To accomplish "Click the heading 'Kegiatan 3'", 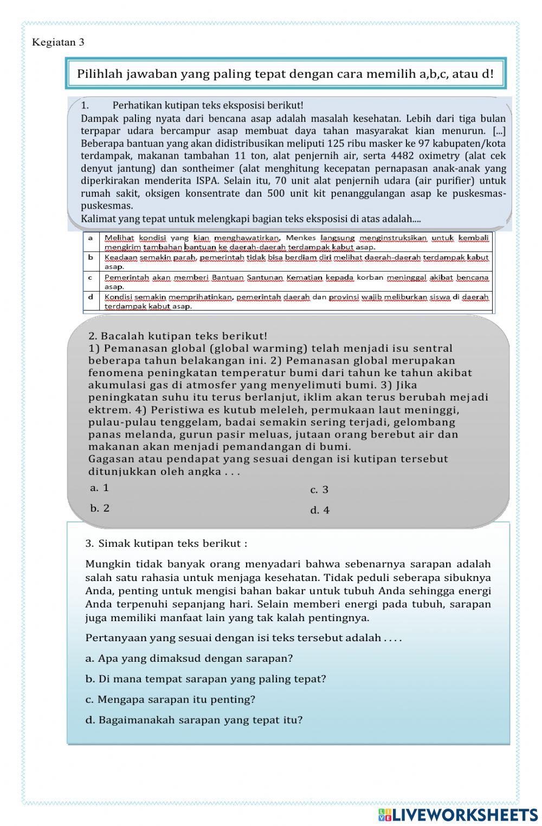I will point(58,42).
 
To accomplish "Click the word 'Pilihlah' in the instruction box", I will point(100,74).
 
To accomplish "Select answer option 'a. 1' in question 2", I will point(100,488).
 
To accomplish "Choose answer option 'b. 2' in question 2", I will point(100,508).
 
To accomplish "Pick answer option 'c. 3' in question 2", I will point(319,490).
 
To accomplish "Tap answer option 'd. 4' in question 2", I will point(320,511).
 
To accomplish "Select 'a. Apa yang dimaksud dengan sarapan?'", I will point(189,659).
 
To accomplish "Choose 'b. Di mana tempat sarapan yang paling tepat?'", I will point(206,679).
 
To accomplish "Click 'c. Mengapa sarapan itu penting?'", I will point(170,700).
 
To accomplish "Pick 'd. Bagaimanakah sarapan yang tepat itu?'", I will point(194,720).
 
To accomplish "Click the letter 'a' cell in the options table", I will point(91,238).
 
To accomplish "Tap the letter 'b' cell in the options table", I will point(91,257).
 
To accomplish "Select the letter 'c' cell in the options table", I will point(91,278).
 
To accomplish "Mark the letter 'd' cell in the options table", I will point(91,297).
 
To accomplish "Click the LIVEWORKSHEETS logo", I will point(458,815).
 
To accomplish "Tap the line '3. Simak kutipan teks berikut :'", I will point(166,544).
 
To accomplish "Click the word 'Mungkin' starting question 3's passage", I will point(105,564).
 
